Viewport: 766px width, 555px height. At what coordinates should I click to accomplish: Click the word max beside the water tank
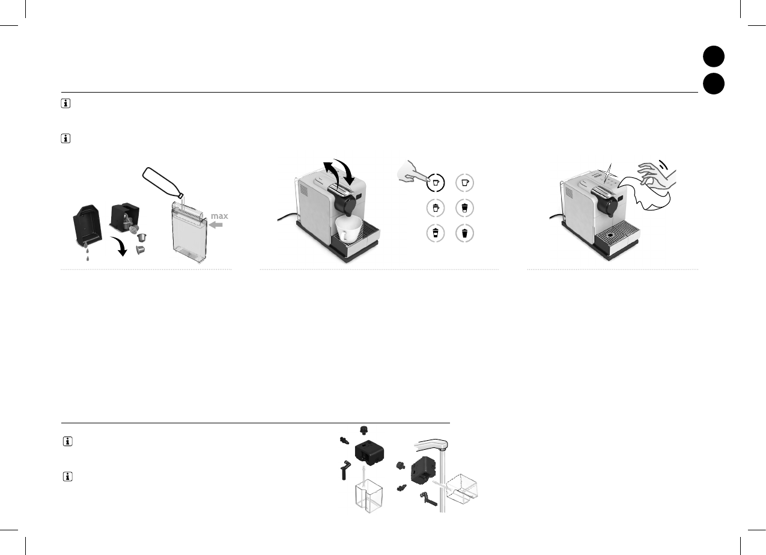pos(219,216)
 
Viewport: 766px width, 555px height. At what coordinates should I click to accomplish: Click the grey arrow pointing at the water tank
pos(216,225)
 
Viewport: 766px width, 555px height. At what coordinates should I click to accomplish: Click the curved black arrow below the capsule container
pos(119,246)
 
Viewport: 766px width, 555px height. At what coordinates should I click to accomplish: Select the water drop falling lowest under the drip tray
pos(88,259)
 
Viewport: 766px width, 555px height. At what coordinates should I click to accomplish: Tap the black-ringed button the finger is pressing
pos(436,183)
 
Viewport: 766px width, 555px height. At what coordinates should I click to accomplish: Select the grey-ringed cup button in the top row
pos(465,183)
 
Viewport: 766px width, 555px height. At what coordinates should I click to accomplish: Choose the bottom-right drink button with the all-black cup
pos(465,233)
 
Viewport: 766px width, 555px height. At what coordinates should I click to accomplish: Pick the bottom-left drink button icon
pos(436,233)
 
